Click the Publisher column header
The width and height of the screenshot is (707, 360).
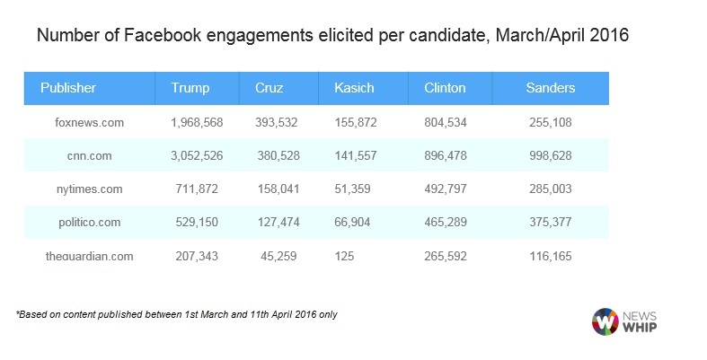point(68,88)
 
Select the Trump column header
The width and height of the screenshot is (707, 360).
point(190,88)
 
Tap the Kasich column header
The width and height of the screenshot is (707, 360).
point(353,88)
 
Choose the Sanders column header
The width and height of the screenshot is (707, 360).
point(551,88)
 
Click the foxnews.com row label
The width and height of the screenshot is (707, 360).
point(89,122)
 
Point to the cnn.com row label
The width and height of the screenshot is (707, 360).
point(89,155)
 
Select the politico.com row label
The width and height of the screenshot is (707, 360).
point(89,222)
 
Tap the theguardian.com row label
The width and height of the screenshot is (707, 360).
point(89,256)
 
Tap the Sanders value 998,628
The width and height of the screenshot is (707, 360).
point(551,155)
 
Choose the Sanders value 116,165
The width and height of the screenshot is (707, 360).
point(551,256)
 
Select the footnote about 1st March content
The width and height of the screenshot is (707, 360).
point(176,314)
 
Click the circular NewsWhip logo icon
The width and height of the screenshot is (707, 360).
point(605,321)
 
